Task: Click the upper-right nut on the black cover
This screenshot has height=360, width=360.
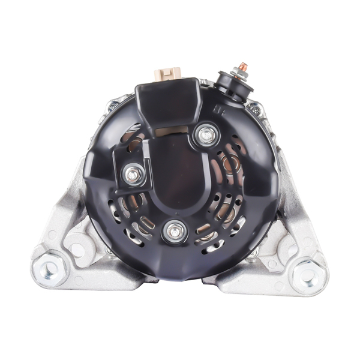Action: pos(206,136)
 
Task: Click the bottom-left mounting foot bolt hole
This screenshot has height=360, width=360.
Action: pos(50,268)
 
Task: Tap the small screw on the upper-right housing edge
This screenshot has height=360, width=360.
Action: pos(256,110)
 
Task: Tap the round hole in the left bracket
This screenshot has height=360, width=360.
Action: pos(77,247)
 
